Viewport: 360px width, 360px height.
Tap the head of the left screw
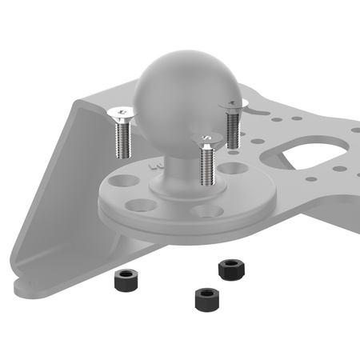121,110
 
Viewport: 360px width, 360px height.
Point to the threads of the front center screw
206,163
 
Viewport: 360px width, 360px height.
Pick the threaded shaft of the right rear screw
234,127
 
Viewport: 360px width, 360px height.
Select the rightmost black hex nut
232,269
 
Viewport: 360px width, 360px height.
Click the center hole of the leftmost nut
125,276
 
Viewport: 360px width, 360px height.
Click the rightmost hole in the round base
233,170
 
